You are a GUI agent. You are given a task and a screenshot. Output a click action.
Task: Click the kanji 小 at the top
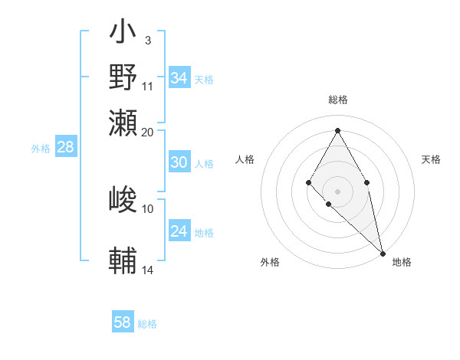[123, 33]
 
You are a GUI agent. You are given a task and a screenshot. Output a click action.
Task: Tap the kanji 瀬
[123, 123]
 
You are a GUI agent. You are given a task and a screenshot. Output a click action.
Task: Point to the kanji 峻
[123, 200]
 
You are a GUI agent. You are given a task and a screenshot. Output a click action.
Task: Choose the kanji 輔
[123, 260]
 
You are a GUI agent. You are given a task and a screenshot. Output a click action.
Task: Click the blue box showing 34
[179, 78]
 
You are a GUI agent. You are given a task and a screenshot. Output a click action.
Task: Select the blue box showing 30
[179, 162]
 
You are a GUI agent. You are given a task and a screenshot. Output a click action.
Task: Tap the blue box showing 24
[179, 231]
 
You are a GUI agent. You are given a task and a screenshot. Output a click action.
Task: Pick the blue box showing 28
[66, 148]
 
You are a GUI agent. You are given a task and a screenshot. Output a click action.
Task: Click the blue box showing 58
[123, 322]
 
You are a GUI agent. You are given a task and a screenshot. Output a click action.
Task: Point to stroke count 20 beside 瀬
[148, 132]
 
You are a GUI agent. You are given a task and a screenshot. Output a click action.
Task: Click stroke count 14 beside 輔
[148, 270]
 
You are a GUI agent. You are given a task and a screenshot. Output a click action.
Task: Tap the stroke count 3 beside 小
[148, 40]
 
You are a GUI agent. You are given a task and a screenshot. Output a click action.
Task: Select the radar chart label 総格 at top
[337, 100]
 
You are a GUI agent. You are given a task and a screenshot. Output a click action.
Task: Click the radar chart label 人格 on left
[245, 159]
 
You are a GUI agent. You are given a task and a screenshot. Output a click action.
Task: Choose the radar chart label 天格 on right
[431, 159]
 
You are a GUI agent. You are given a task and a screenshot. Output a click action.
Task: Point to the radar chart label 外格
[270, 262]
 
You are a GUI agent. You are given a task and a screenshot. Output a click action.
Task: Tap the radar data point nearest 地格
[383, 254]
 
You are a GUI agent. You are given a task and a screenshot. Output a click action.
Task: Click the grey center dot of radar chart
[337, 191]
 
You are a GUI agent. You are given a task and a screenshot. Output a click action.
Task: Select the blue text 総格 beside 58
[147, 324]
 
